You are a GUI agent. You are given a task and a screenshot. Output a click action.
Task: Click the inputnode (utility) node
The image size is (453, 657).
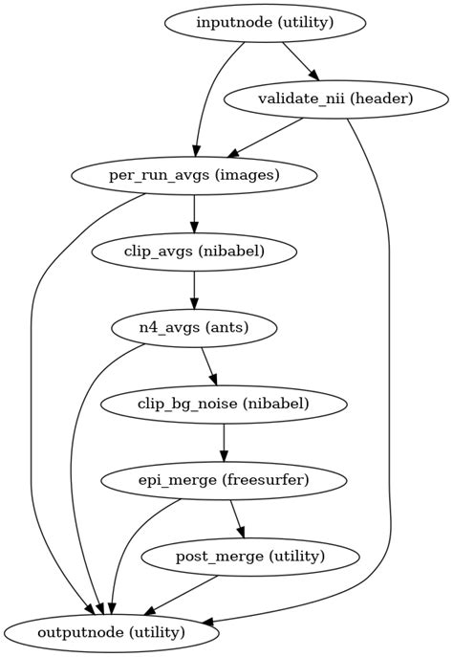pyautogui.click(x=265, y=23)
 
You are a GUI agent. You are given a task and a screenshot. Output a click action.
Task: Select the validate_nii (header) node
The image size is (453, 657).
pyautogui.click(x=335, y=99)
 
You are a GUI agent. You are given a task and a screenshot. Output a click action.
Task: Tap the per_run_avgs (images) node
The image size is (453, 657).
pyautogui.click(x=194, y=175)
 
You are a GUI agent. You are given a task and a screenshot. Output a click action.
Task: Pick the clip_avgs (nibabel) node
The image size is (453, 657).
pyautogui.click(x=194, y=252)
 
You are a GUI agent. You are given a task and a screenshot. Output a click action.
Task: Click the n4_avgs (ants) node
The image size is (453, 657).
pyautogui.click(x=194, y=328)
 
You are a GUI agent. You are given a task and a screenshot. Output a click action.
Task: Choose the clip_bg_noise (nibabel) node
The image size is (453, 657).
pyautogui.click(x=224, y=404)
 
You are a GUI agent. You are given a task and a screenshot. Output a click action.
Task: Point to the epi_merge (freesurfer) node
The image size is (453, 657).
pyautogui.click(x=224, y=480)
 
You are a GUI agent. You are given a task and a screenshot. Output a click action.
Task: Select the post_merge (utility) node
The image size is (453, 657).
pyautogui.click(x=250, y=556)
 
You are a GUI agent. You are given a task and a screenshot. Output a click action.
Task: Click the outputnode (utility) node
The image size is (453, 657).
pyautogui.click(x=113, y=632)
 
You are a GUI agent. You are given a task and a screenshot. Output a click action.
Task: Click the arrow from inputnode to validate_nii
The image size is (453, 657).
pyautogui.click(x=299, y=60)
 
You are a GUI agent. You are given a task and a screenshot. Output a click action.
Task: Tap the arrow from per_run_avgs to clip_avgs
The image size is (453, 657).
pyautogui.click(x=194, y=213)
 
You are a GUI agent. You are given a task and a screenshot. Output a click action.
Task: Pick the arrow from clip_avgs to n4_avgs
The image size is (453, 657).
pyautogui.click(x=194, y=290)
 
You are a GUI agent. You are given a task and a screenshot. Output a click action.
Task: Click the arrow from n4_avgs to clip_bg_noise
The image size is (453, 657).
pyautogui.click(x=208, y=366)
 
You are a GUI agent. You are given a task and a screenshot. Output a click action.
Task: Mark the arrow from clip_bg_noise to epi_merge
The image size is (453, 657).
pyautogui.click(x=224, y=442)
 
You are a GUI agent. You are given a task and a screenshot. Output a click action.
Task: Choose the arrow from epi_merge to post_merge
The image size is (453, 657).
pyautogui.click(x=237, y=518)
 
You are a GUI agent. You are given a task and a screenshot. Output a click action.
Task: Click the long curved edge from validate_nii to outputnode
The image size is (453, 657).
pyautogui.click(x=391, y=383)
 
